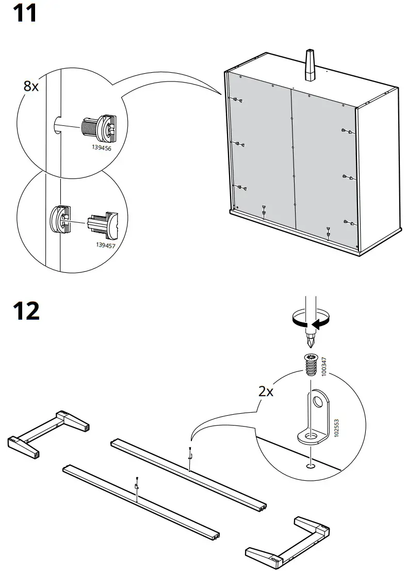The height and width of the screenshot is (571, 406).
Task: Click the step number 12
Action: pos(25,311)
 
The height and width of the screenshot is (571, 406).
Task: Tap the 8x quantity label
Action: pos(31,86)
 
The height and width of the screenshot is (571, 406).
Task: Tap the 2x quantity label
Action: pos(266,391)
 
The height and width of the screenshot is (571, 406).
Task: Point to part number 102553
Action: pos(336,428)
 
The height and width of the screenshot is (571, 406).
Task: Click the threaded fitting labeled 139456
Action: pos(98,127)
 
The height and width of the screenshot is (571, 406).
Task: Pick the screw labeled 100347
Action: pos(310,364)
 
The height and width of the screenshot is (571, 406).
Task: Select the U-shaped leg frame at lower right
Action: pos(289,542)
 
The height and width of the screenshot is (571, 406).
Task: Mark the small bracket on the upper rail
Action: pos(190,455)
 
